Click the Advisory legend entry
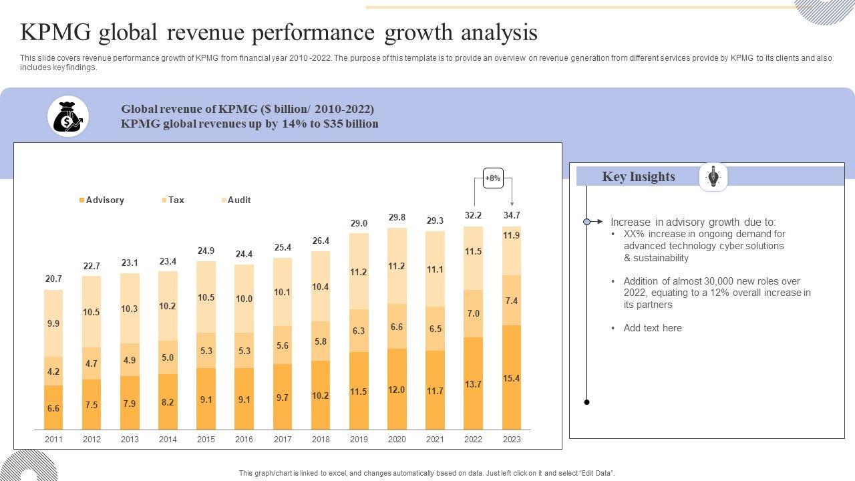(102, 200)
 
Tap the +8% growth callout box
(493, 178)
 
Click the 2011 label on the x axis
(53, 440)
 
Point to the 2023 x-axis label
(512, 440)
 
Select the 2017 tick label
(283, 440)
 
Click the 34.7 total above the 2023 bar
(512, 215)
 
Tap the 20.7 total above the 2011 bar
(53, 279)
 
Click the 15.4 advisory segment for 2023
(512, 378)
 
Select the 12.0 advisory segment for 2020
(397, 389)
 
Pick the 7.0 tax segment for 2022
(474, 313)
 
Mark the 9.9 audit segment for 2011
(53, 323)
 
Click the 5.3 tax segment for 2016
(244, 351)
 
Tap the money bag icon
(68, 116)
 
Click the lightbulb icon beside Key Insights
(713, 177)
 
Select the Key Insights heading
(639, 177)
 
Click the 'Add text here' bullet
(653, 328)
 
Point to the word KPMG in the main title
(55, 32)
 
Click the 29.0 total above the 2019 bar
(359, 223)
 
